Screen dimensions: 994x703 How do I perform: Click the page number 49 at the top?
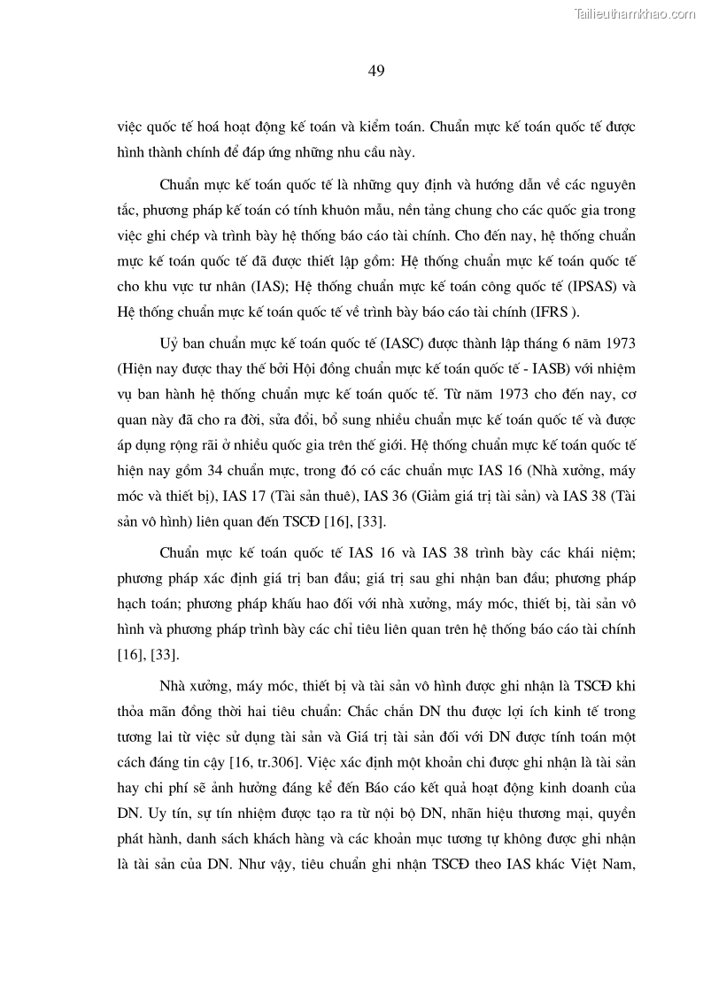click(375, 71)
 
